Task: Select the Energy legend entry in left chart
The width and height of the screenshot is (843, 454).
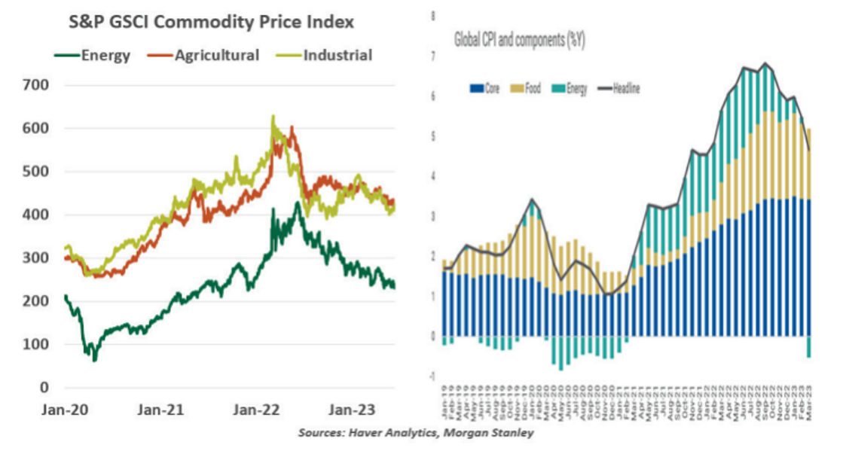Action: pyautogui.click(x=105, y=56)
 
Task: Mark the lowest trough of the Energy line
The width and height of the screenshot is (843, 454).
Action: pyautogui.click(x=95, y=360)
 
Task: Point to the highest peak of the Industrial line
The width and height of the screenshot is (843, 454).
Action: pyautogui.click(x=273, y=117)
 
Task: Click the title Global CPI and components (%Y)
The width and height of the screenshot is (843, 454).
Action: pyautogui.click(x=520, y=40)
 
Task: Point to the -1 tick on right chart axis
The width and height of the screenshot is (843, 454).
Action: pyautogui.click(x=432, y=376)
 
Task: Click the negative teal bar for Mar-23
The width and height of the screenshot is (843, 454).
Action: pyautogui.click(x=809, y=346)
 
